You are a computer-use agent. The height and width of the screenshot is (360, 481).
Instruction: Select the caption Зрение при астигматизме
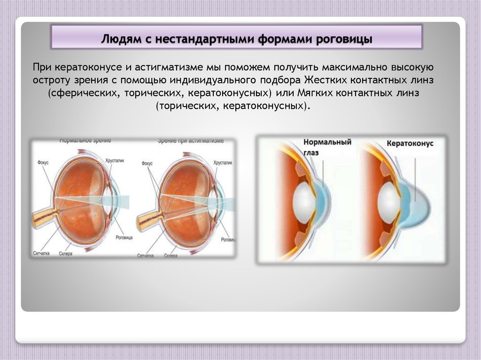click(190, 140)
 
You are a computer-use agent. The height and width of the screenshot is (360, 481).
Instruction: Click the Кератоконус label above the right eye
click(411, 144)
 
